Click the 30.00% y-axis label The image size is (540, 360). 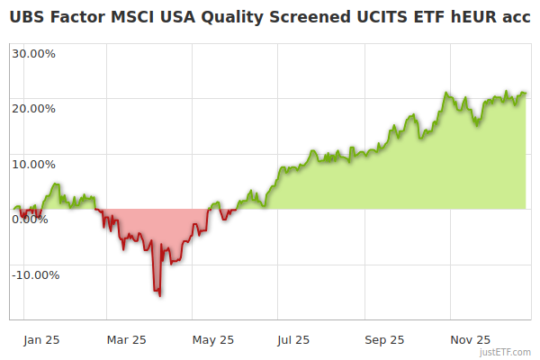click(33, 53)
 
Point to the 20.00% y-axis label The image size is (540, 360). click(33, 109)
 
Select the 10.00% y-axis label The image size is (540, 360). click(33, 165)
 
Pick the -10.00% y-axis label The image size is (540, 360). click(35, 275)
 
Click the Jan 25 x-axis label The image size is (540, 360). click(41, 339)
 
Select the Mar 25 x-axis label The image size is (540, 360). click(126, 339)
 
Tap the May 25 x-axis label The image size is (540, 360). click(213, 339)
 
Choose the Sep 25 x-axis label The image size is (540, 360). click(384, 339)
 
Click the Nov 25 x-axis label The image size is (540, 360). click(470, 339)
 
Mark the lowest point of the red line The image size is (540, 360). click(159, 295)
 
